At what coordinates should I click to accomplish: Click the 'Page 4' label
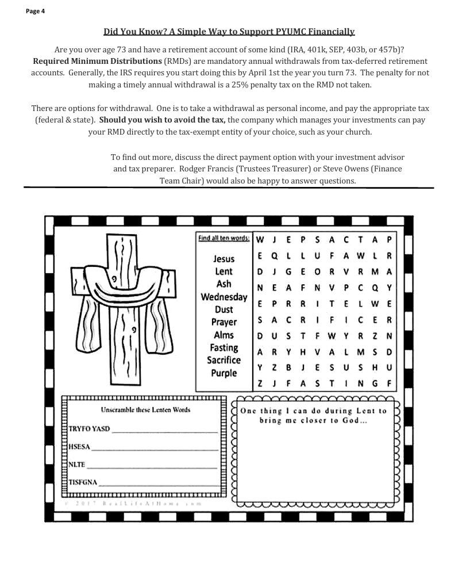(x=35, y=11)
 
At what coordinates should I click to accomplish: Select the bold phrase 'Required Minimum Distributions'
(x=97, y=61)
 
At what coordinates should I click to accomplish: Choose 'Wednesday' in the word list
(x=224, y=297)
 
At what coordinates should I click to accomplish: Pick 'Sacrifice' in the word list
(x=224, y=361)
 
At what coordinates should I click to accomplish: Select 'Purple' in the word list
(x=224, y=373)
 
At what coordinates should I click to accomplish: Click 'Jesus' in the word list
(x=224, y=259)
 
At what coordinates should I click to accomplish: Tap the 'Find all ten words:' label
(x=223, y=238)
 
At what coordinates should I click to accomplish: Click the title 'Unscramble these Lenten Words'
(x=145, y=410)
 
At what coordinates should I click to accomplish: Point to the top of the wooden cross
(x=125, y=238)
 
